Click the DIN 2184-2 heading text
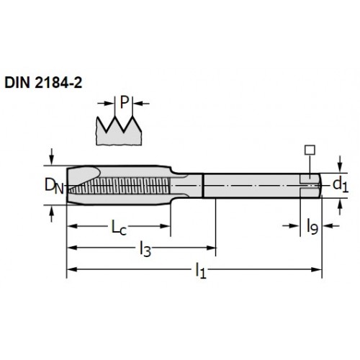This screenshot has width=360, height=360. click(43, 83)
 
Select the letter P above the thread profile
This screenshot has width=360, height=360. click(124, 102)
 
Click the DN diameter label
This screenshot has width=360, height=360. click(55, 186)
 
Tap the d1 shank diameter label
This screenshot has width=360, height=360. click(341, 185)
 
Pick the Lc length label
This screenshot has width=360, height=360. click(119, 228)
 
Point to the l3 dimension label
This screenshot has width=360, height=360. click(145, 249)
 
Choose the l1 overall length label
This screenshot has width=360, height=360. click(201, 271)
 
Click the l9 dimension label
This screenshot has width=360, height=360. click(312, 227)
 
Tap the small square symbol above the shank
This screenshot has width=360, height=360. click(310, 150)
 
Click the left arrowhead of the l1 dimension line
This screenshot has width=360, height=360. click(72, 269)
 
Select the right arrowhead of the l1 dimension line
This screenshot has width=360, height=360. click(316, 269)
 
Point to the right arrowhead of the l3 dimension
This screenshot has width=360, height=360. click(211, 248)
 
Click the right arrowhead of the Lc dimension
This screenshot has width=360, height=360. click(166, 226)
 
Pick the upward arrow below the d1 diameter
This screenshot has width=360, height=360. click(340, 207)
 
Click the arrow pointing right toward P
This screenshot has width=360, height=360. click(106, 104)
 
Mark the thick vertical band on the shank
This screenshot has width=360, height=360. click(203, 186)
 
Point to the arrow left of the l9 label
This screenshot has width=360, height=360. click(291, 226)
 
